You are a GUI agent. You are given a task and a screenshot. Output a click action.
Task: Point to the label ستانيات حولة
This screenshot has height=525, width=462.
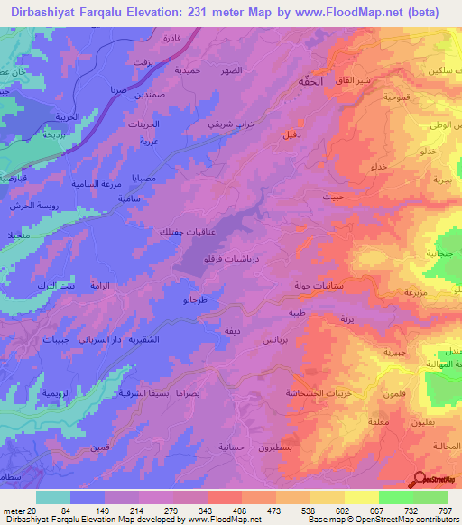(315, 286)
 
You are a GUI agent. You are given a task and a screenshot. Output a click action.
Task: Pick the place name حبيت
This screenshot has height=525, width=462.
(333, 195)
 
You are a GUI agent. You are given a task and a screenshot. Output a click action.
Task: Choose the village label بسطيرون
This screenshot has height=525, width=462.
(279, 448)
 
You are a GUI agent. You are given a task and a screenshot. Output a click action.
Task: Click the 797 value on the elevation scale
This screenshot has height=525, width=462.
(444, 511)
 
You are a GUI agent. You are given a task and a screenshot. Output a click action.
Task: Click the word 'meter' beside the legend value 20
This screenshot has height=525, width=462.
(13, 511)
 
